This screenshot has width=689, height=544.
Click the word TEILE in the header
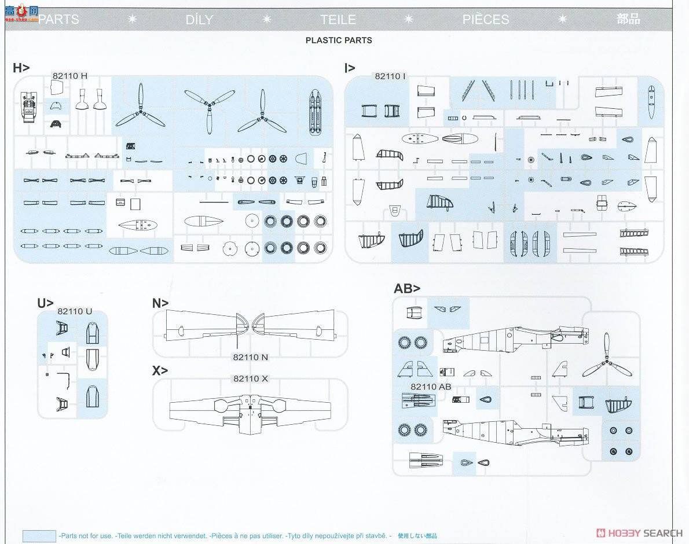coord(338,20)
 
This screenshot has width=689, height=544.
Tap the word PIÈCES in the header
coord(485,20)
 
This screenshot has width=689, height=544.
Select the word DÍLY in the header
coord(199,20)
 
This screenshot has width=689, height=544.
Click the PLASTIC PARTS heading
coord(339,41)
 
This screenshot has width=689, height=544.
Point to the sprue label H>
coord(21,68)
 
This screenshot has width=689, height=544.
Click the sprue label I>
coord(350,68)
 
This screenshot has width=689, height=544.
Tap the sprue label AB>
coord(407,288)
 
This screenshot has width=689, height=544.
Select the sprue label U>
coord(45,303)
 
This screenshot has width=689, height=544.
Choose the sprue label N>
coord(160,303)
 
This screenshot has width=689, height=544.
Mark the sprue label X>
coord(160,370)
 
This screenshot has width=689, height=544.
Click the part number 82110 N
coord(251,357)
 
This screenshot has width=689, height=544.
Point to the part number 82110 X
coord(251,378)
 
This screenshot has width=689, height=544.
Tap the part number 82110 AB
coord(431,387)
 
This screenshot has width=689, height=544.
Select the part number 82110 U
coord(75,311)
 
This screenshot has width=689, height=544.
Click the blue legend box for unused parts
coord(39,536)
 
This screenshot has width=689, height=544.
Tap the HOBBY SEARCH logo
coord(639,533)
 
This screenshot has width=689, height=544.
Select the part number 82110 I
coord(390,76)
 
